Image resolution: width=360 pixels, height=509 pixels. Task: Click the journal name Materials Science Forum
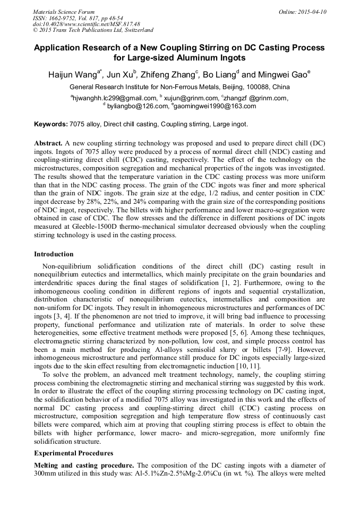[x=64, y=12]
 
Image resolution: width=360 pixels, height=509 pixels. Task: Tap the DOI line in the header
[x=87, y=24]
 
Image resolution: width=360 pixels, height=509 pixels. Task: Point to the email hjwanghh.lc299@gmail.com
[x=114, y=98]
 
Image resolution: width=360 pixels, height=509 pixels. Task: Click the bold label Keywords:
[x=50, y=124]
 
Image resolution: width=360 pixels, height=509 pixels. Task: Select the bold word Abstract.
[x=48, y=144]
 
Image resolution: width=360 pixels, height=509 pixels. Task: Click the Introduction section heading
[x=54, y=254]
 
